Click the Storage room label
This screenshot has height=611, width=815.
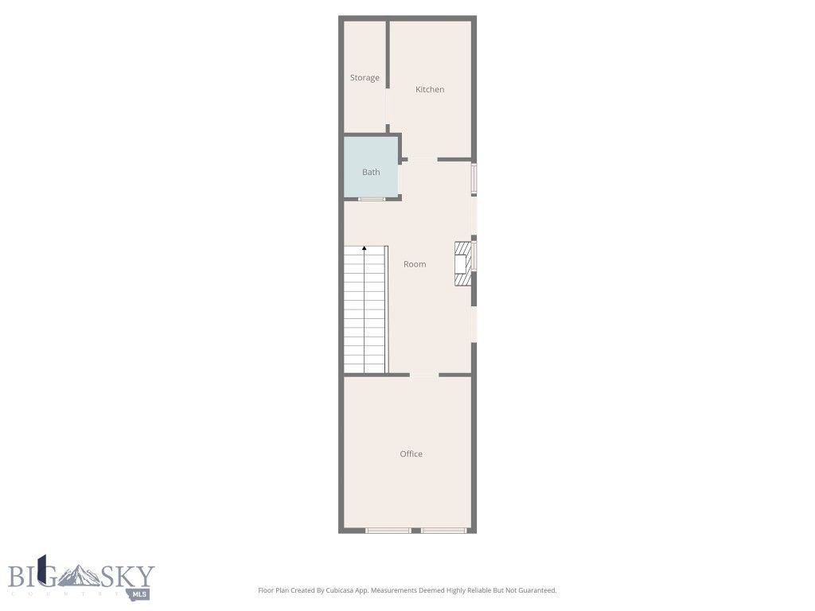click(365, 78)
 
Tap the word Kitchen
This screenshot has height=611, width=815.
click(430, 90)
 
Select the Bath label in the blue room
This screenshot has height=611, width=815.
click(371, 172)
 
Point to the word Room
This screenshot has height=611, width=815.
click(415, 264)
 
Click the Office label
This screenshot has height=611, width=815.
click(411, 454)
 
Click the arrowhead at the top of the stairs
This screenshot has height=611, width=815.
click(365, 248)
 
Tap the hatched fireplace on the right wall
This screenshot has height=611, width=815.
click(461, 263)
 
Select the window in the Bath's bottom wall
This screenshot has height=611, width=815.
click(371, 198)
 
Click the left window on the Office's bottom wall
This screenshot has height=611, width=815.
click(388, 530)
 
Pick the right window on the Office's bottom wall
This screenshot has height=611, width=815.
click(444, 530)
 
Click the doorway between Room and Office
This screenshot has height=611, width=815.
click(423, 375)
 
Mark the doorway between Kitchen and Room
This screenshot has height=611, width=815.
click(423, 159)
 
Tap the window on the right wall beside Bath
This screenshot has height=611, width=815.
click(474, 179)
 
